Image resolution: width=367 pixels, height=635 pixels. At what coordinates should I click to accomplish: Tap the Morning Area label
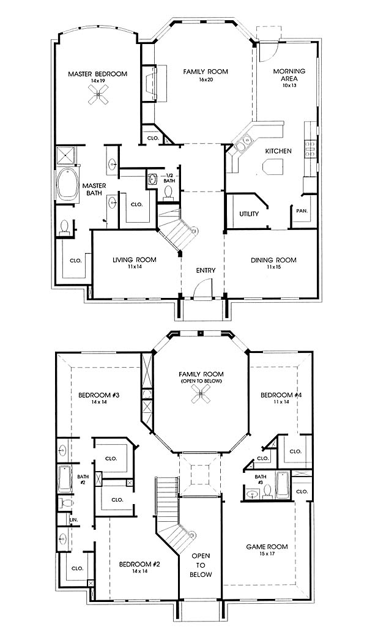click(x=289, y=75)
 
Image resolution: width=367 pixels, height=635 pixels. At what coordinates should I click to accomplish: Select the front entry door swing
click(x=202, y=290)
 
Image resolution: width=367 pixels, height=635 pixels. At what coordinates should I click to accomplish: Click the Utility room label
click(x=249, y=214)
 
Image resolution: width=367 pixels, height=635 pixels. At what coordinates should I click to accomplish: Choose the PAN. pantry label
click(x=302, y=211)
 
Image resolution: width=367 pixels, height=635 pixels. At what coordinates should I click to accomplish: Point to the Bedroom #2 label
click(x=139, y=563)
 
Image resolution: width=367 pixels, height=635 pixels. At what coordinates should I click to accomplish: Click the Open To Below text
click(x=201, y=565)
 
